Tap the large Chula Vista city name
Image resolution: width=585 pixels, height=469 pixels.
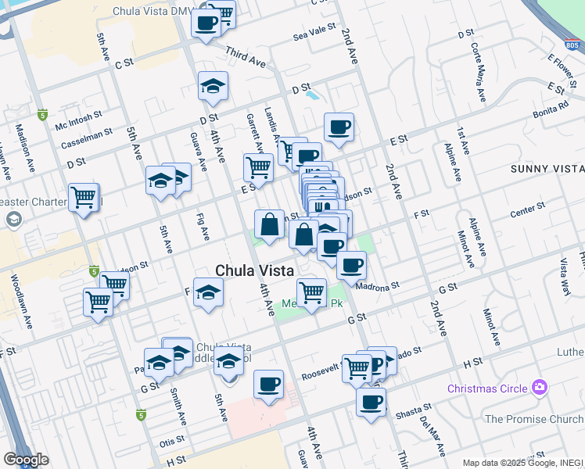pyautogui.click(x=255, y=270)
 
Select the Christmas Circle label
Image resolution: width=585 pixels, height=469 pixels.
pyautogui.click(x=487, y=388)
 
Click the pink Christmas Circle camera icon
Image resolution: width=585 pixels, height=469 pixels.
pyautogui.click(x=538, y=387)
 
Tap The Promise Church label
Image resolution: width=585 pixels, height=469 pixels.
pyautogui.click(x=534, y=419)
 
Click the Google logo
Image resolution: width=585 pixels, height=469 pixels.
pyautogui.click(x=25, y=460)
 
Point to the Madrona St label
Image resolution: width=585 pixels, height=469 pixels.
pyautogui.click(x=377, y=286)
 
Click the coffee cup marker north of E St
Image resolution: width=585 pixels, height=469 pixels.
pyautogui.click(x=339, y=127)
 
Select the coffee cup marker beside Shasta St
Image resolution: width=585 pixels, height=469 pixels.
pyautogui.click(x=371, y=403)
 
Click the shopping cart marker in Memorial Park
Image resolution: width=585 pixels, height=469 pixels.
pyautogui.click(x=312, y=292)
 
